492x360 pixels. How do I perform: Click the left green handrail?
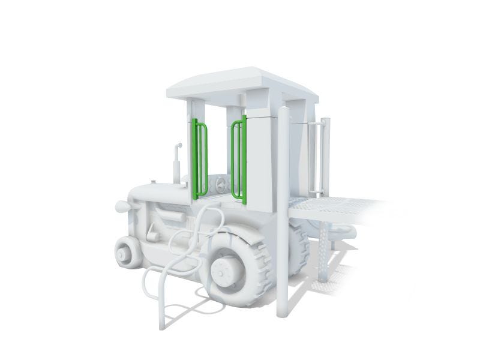(x=200, y=159)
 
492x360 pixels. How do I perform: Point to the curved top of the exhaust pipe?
(x=178, y=145)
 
